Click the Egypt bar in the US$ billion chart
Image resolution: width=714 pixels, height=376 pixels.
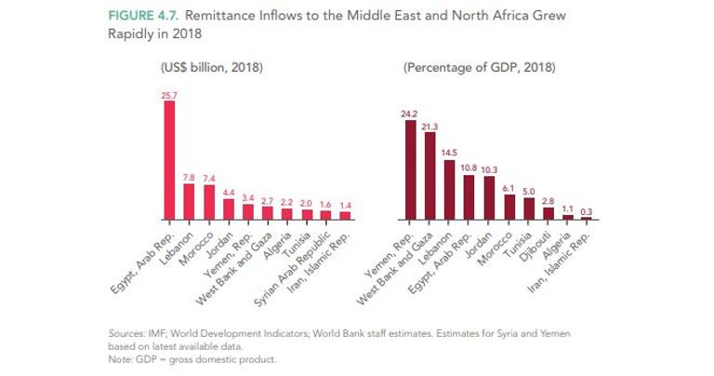coord(169,159)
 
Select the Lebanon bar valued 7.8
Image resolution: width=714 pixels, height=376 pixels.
coord(189,202)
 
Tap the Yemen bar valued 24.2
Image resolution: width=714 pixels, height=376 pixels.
coord(410,169)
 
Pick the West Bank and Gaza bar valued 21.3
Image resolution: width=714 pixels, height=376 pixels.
coord(430,176)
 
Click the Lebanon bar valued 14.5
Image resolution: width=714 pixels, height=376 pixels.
coord(449,190)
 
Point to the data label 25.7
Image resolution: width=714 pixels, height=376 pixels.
coord(169,94)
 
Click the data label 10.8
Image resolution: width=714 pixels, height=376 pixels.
coord(469,168)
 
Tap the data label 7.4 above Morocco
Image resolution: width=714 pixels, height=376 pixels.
coord(208,178)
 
